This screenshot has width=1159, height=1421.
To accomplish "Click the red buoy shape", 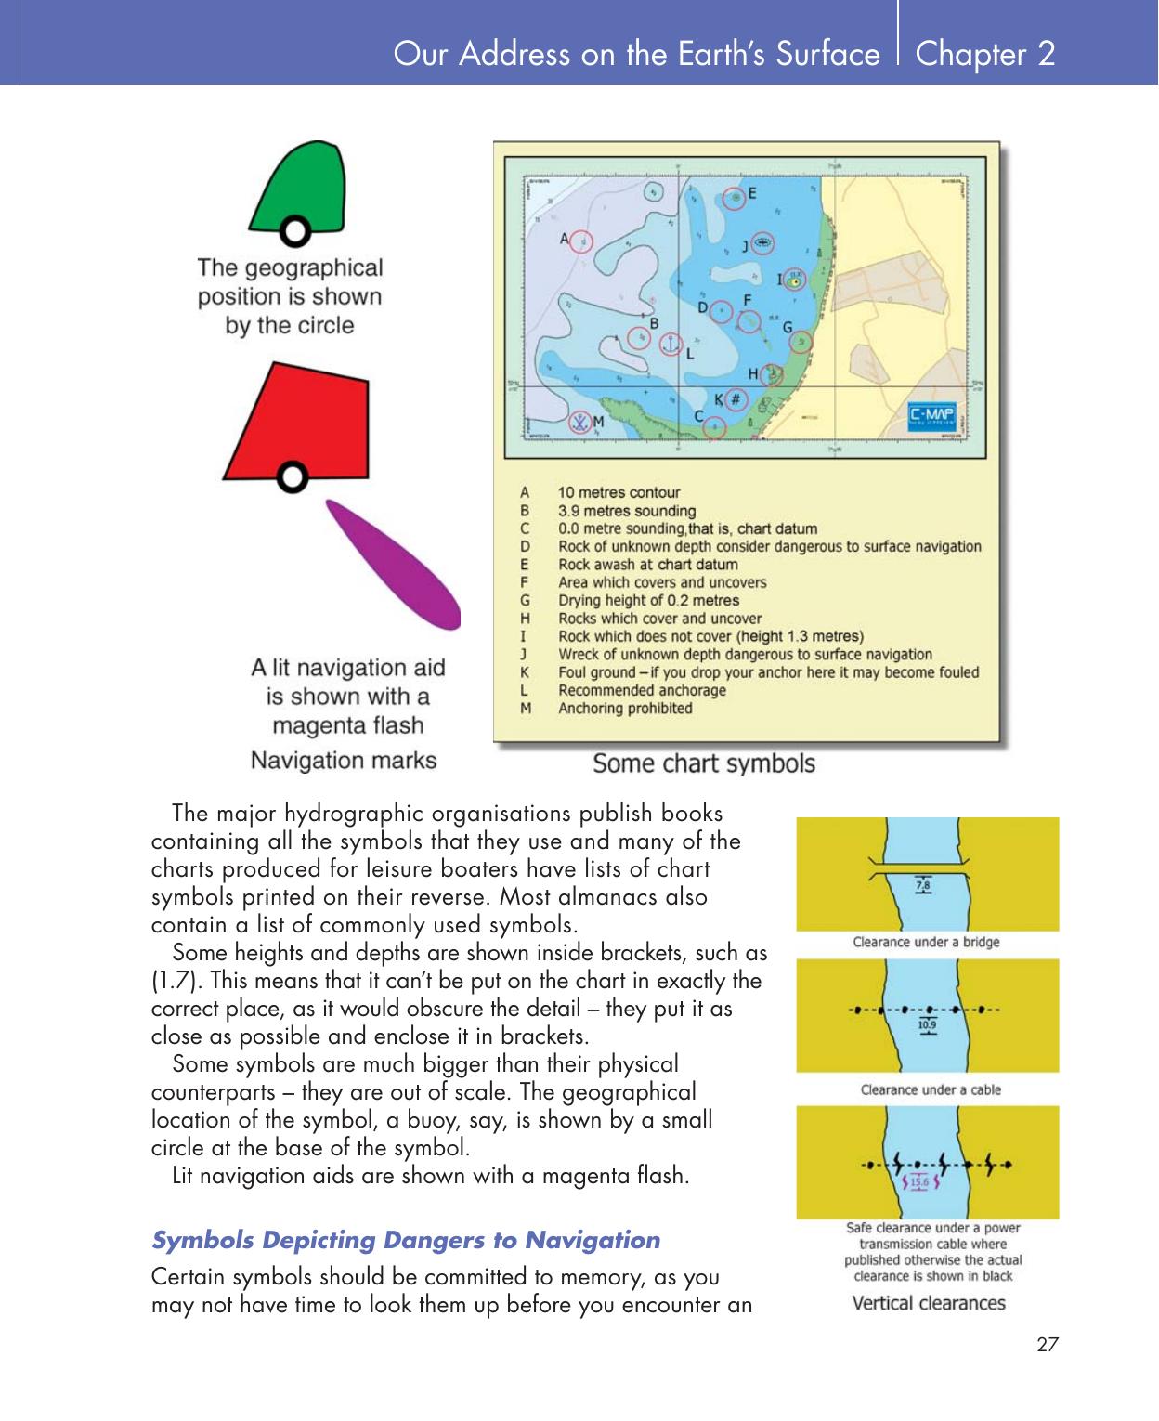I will tap(297, 418).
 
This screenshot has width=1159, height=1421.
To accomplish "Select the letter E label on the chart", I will tap(751, 193).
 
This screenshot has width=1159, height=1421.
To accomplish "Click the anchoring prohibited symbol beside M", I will tap(579, 422).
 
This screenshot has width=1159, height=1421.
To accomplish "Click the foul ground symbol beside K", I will tap(735, 399).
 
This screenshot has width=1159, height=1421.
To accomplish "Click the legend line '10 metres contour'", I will tap(619, 492).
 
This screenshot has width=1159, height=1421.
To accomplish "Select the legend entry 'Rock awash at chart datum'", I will tap(647, 565).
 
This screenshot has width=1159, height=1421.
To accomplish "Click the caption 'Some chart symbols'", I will tap(703, 763).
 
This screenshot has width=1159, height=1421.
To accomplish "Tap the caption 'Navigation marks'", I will tap(343, 760).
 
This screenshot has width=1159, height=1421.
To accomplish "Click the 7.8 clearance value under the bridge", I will tap(923, 886).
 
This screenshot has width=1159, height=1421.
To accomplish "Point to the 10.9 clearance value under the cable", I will tap(926, 1025).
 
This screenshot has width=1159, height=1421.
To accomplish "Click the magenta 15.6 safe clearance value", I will tap(918, 1182).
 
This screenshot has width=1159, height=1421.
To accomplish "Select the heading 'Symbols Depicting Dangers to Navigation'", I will tap(405, 1240).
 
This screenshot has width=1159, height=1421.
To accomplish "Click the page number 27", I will tap(1047, 1344).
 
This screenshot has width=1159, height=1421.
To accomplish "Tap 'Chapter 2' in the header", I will tap(984, 53).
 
